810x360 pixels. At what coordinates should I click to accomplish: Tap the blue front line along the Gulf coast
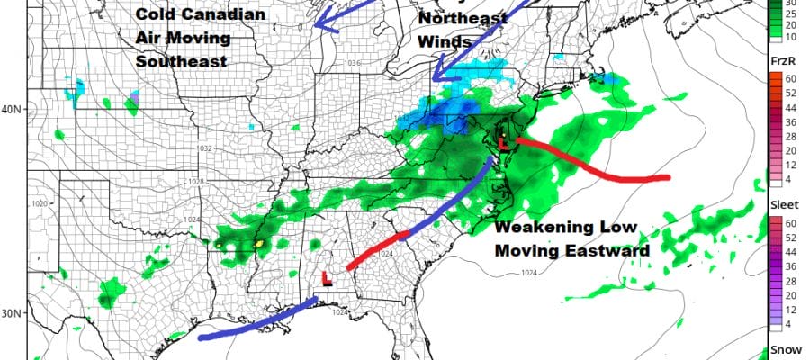(252, 323)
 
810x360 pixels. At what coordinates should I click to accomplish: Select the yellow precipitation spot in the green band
(260, 244)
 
